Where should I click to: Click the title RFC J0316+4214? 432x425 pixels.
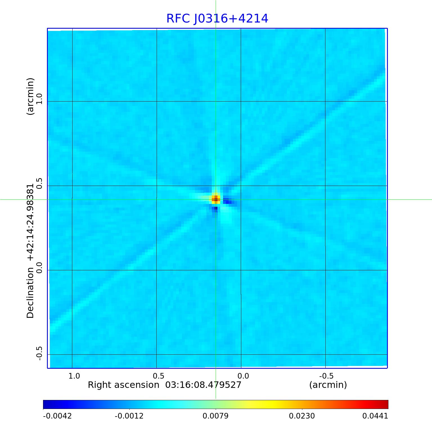[x=217, y=19]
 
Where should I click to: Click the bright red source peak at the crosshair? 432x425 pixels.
[x=216, y=199]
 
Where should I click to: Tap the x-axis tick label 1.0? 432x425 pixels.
[x=74, y=376]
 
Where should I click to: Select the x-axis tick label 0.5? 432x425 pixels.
[x=158, y=376]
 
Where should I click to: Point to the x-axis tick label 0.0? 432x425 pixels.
[x=243, y=376]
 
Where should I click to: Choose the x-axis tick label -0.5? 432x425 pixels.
[x=326, y=376]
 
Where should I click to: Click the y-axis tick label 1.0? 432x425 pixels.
[x=39, y=98]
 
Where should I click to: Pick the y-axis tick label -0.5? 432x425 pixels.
[x=39, y=353]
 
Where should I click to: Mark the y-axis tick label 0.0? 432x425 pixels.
[x=39, y=267]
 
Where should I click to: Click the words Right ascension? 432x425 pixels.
[x=123, y=385]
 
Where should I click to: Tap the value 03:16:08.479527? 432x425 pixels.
[x=203, y=385]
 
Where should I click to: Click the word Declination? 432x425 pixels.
[x=30, y=293]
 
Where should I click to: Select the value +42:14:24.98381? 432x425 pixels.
[x=30, y=222]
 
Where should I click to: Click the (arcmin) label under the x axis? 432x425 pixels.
[x=328, y=385]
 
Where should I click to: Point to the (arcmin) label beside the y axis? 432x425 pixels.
[x=30, y=96]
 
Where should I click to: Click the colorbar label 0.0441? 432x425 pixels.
[x=375, y=416]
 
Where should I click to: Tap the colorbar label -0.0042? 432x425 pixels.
[x=57, y=416]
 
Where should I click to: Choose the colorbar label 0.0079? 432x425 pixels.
[x=215, y=416]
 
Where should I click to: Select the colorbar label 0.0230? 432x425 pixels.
[x=302, y=416]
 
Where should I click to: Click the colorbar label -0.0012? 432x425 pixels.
[x=129, y=416]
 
